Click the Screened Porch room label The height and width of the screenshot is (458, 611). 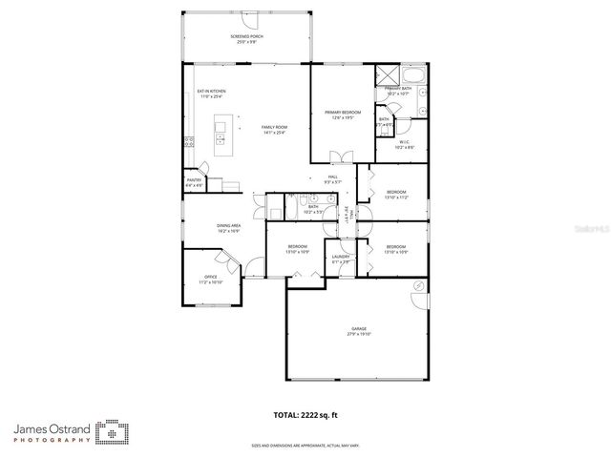(245, 38)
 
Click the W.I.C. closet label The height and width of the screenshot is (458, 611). (405, 144)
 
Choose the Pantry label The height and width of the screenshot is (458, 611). (194, 182)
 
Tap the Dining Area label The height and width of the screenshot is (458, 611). (227, 228)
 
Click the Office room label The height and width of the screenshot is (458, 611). (210, 281)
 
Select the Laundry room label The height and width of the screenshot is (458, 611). (340, 259)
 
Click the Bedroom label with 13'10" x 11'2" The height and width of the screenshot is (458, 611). (396, 195)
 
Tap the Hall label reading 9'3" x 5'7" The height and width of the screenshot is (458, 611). (333, 179)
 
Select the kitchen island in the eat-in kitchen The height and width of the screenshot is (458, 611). (221, 135)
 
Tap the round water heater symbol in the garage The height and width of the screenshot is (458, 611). (417, 286)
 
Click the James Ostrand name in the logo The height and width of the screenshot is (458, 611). (53, 429)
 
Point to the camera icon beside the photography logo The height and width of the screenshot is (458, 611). (113, 433)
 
